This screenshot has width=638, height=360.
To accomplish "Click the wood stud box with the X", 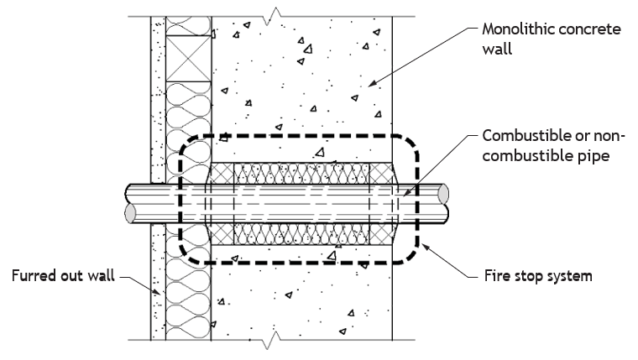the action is click(x=188, y=59).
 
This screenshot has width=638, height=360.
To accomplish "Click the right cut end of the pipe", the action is click(x=443, y=194).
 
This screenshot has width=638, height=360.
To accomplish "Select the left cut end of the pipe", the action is click(x=130, y=213).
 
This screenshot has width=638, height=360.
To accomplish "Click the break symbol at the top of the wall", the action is click(x=272, y=16).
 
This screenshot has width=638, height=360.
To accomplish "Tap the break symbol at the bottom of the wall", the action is click(x=272, y=340).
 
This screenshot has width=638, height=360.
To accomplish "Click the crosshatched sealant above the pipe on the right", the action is click(x=382, y=174).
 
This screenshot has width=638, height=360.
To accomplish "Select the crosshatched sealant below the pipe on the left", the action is click(x=222, y=234).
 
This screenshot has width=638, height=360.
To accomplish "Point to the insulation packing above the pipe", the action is click(x=301, y=174).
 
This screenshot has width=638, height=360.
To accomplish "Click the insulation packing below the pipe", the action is click(x=301, y=234).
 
